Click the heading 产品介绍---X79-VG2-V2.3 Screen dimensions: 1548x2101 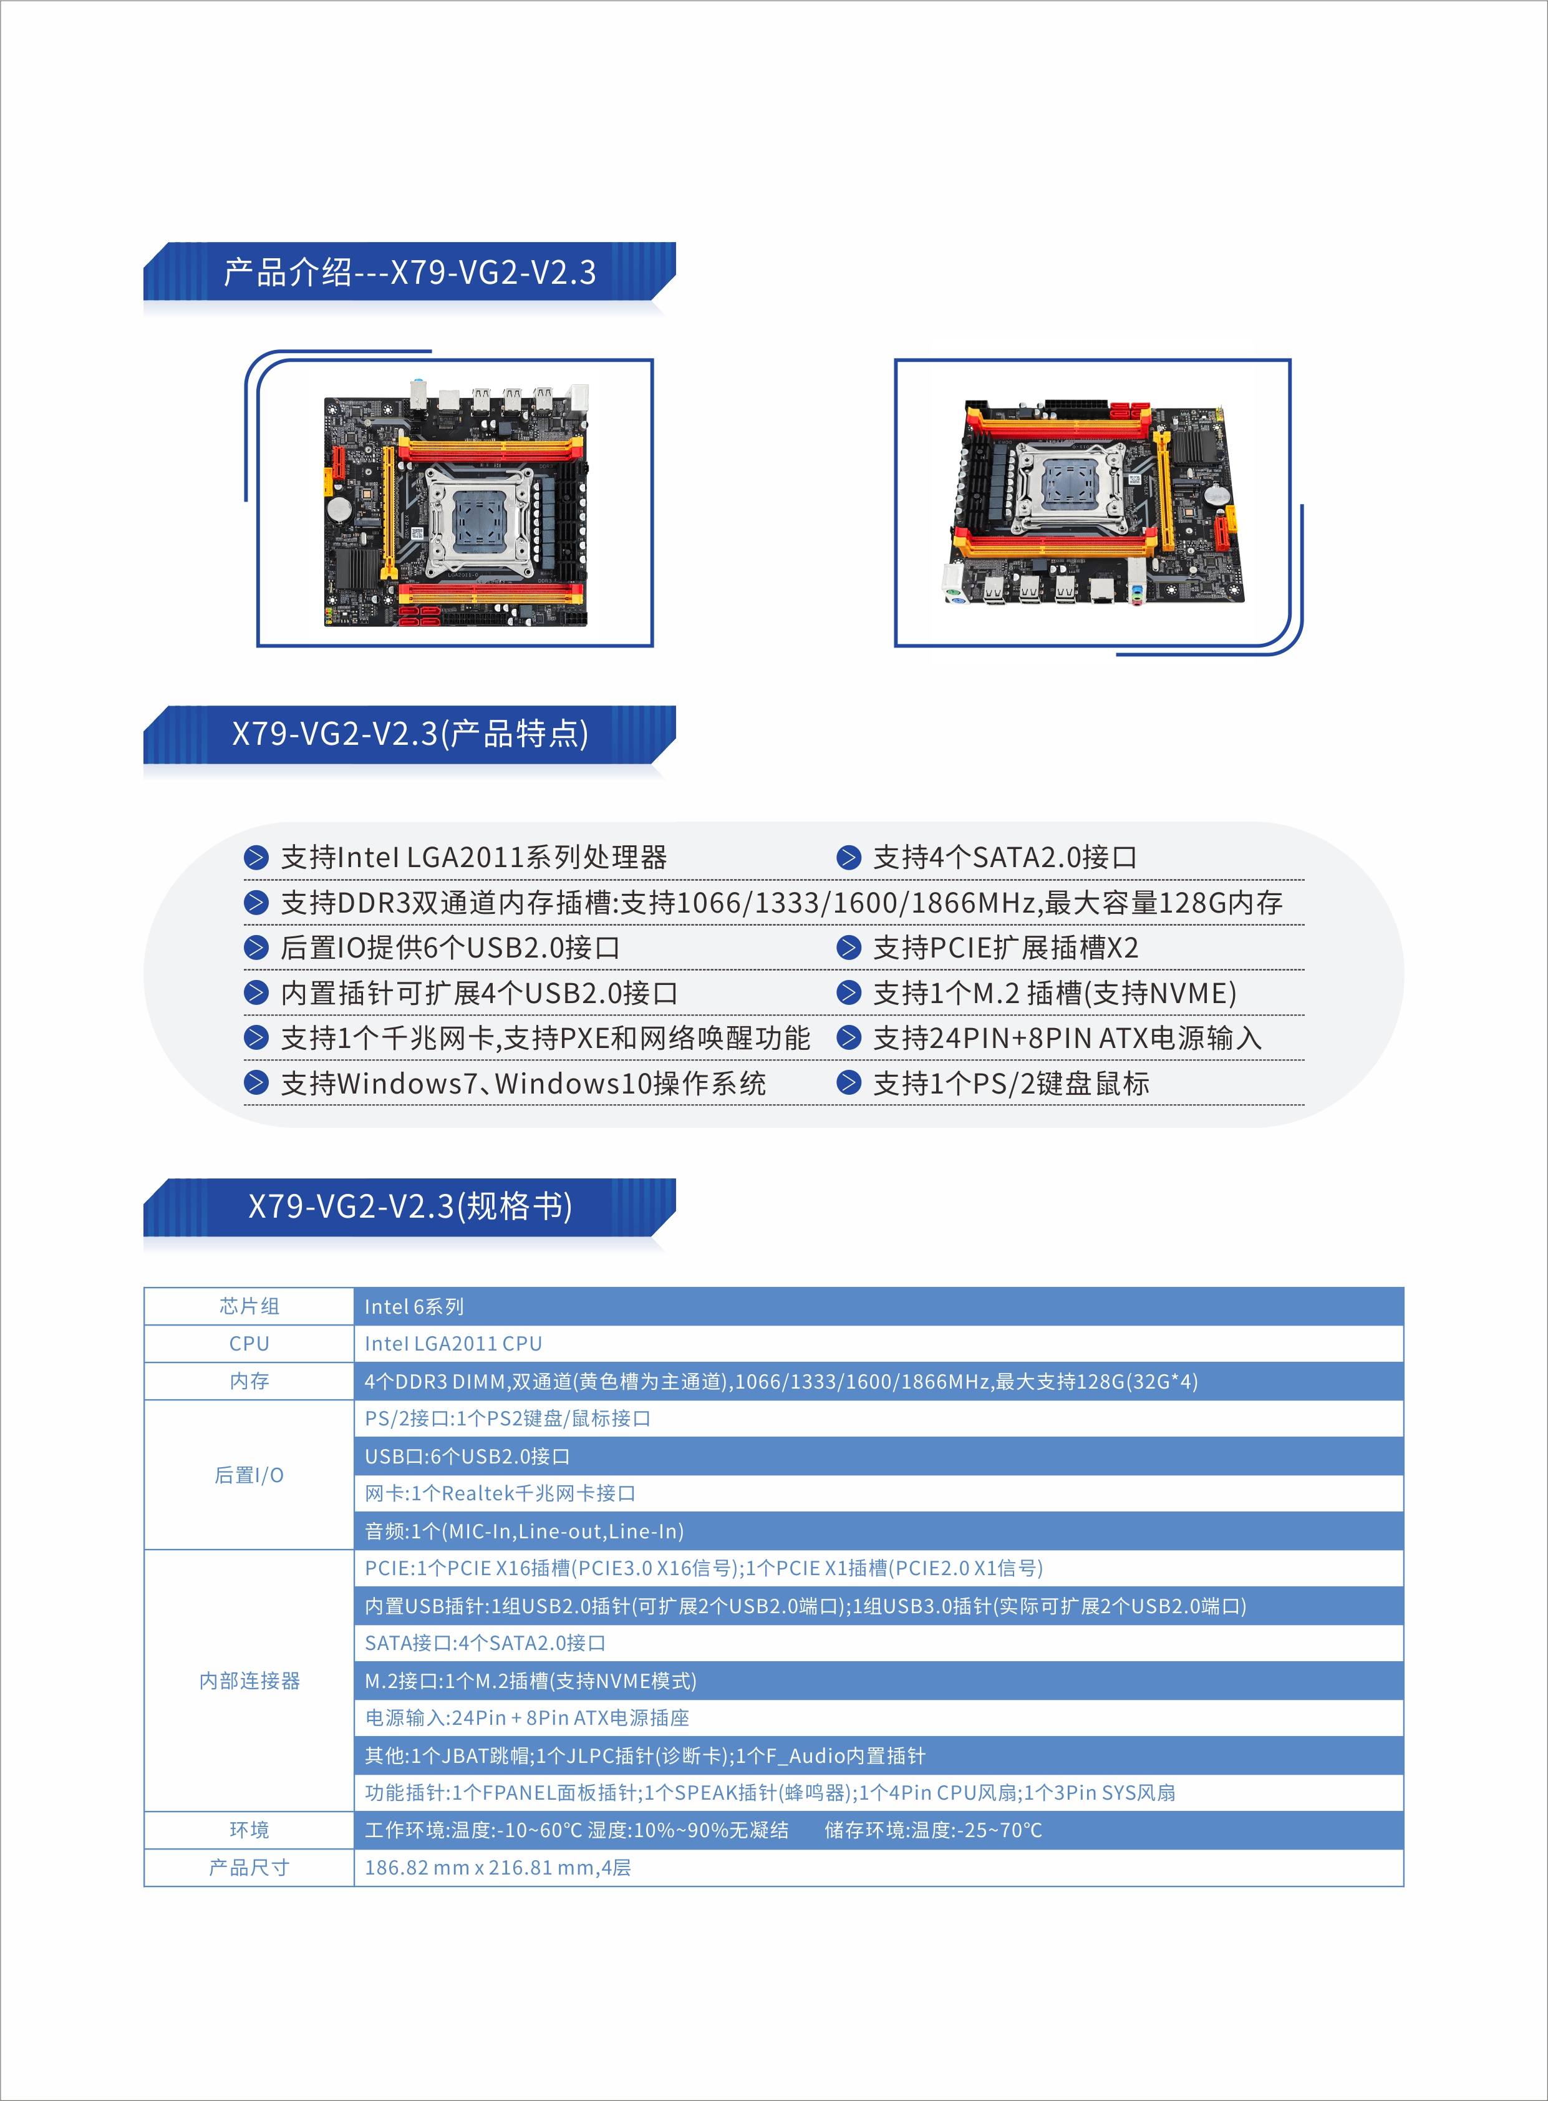(x=410, y=272)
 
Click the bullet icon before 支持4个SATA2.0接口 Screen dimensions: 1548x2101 (x=848, y=858)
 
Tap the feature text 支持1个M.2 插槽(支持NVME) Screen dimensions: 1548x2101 (x=1054, y=993)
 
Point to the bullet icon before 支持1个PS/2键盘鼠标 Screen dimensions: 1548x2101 (x=848, y=1084)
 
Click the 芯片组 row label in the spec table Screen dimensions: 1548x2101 (x=249, y=1306)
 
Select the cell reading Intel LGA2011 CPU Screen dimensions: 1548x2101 (x=453, y=1344)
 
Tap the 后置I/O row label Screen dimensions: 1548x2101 (x=249, y=1475)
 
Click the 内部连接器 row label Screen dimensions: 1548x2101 (x=249, y=1681)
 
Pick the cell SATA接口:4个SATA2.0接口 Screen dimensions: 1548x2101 (x=485, y=1644)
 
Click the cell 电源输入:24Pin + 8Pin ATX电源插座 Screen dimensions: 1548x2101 (x=526, y=1719)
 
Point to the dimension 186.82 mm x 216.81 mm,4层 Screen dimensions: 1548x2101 (x=498, y=1868)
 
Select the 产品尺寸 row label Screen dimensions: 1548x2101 (x=249, y=1868)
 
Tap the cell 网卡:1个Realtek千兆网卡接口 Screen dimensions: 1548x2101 (x=500, y=1494)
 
